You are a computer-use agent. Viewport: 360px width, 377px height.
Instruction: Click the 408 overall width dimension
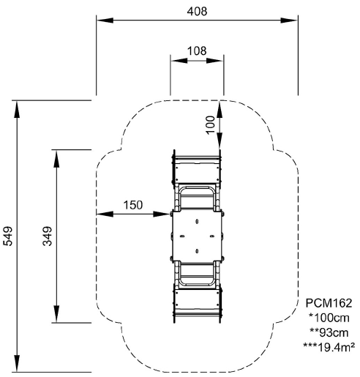pyautogui.click(x=197, y=12)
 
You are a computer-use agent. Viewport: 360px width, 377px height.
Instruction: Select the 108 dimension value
pyautogui.click(x=197, y=51)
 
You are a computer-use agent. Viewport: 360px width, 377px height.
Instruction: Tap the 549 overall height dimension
pyautogui.click(x=8, y=236)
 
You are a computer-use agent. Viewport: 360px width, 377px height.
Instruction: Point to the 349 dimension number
pyautogui.click(x=48, y=236)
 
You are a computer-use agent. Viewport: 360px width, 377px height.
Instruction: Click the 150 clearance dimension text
pyautogui.click(x=133, y=205)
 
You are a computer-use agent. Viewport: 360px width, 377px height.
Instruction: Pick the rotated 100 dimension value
pyautogui.click(x=210, y=124)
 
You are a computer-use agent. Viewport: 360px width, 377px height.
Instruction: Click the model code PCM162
pyautogui.click(x=329, y=303)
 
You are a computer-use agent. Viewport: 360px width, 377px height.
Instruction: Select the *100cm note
pyautogui.click(x=329, y=318)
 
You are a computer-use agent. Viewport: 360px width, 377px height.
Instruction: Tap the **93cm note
pyautogui.click(x=329, y=332)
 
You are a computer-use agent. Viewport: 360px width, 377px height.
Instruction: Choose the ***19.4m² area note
pyautogui.click(x=329, y=347)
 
